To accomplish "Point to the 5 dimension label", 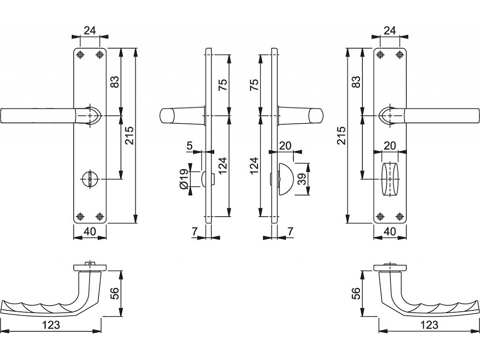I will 189,146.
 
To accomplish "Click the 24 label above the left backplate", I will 90,30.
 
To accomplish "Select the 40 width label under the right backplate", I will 390,231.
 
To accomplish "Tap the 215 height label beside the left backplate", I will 129,136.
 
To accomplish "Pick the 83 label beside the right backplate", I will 356,82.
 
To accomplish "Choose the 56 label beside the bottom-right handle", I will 356,293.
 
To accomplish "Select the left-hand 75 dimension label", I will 223,85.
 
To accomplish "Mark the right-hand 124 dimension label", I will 254,166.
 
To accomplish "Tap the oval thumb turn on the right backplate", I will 390,179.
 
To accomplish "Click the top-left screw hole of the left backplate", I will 81,55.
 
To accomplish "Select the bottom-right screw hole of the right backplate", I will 399,216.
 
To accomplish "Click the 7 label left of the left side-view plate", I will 194,231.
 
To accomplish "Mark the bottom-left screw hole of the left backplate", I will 81,216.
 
